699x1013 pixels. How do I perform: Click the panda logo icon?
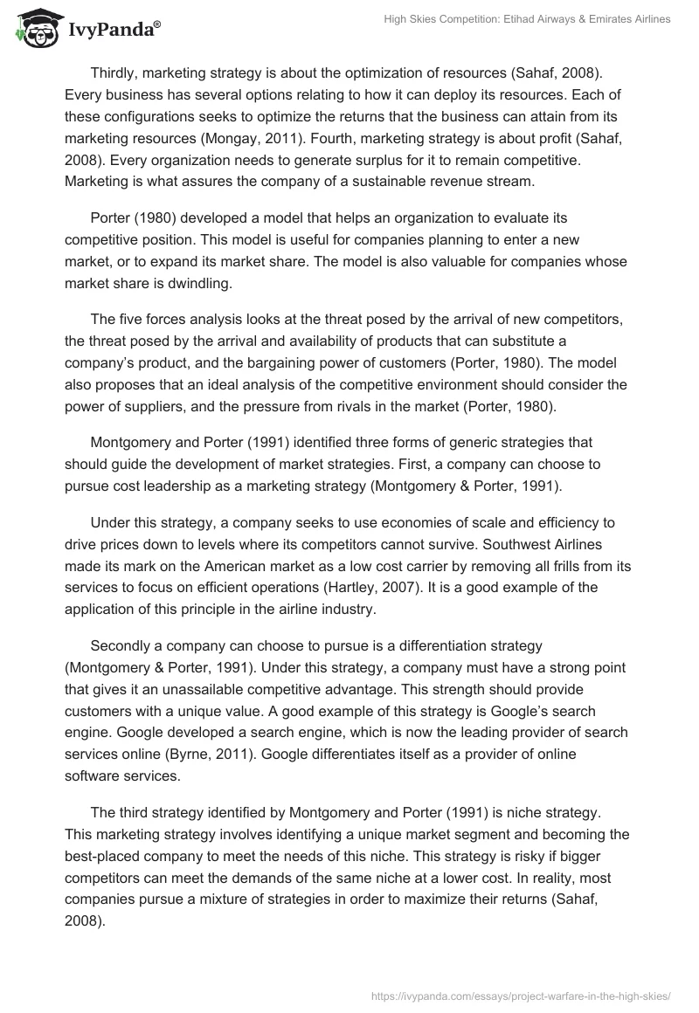click(x=34, y=27)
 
